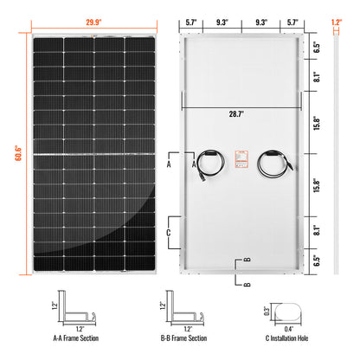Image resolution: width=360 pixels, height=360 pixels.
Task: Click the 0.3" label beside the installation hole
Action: (267, 309)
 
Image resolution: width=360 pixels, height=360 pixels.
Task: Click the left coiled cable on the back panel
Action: (209, 162)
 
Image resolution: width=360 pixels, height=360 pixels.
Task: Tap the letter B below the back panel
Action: (247, 283)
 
